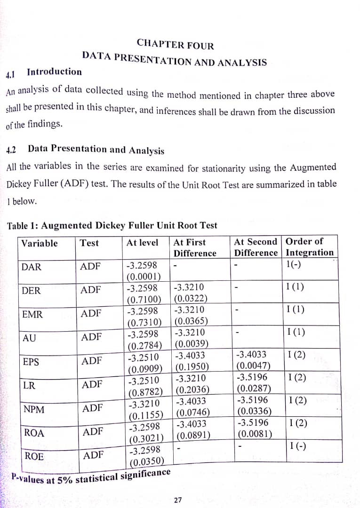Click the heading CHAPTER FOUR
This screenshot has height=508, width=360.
pyautogui.click(x=175, y=45)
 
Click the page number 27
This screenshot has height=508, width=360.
pyautogui.click(x=178, y=500)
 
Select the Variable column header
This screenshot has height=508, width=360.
pyautogui.click(x=40, y=243)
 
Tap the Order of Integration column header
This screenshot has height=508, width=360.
pyautogui.click(x=309, y=247)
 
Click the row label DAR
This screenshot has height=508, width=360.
pyautogui.click(x=32, y=267)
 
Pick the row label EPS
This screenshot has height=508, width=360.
pyautogui.click(x=31, y=362)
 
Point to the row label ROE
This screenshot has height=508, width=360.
pyautogui.click(x=34, y=456)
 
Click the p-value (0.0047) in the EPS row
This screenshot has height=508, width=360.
pyautogui.click(x=254, y=365)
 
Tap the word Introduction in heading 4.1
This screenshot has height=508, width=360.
pyautogui.click(x=54, y=72)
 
